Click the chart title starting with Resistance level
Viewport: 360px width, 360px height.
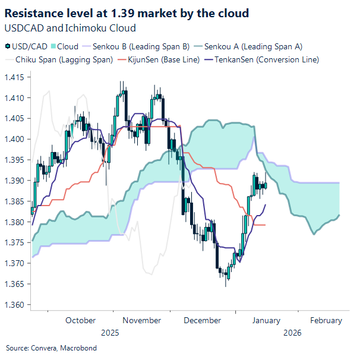(127, 12)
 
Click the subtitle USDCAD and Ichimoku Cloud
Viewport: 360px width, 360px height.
(70, 27)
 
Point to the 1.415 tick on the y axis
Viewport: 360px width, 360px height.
(15, 77)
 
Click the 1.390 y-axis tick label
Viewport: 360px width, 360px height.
(15, 181)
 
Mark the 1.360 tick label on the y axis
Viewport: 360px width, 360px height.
(15, 305)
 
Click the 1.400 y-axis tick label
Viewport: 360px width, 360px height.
(15, 139)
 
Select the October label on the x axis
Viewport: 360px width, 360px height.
(80, 320)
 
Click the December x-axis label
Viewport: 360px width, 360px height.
(203, 320)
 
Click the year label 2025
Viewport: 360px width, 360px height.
(110, 333)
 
